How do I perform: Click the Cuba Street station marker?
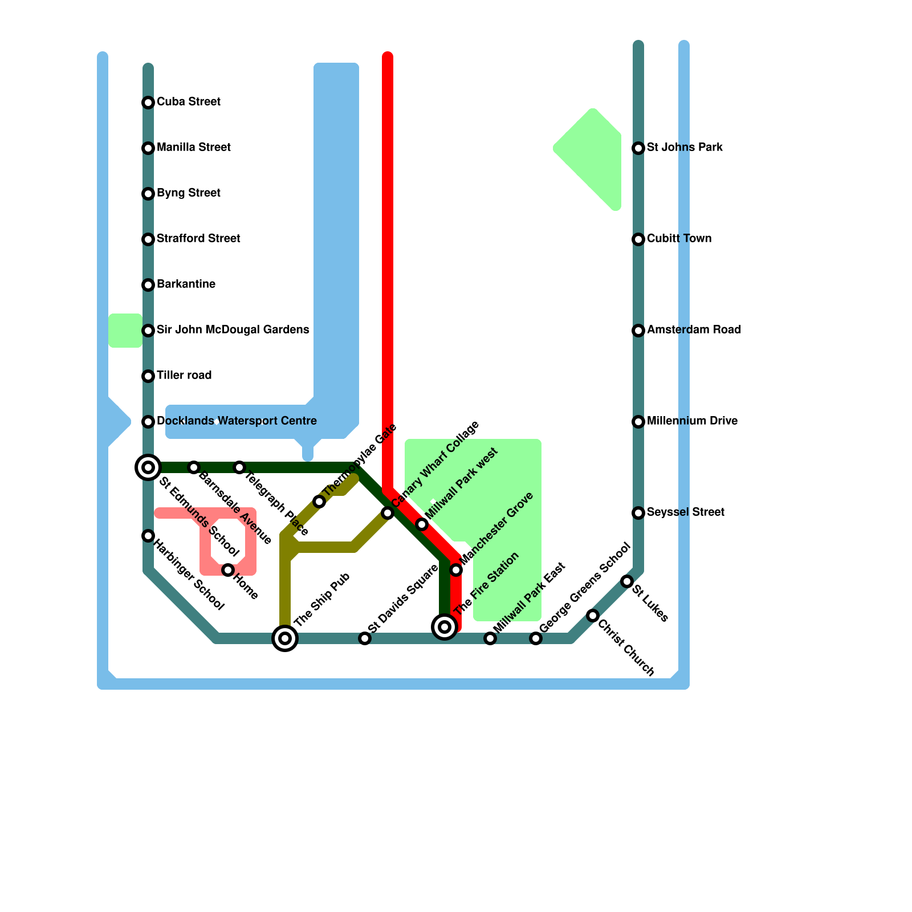click(148, 103)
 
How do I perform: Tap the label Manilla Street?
click(193, 148)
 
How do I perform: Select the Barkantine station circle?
click(148, 285)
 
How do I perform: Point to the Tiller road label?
click(184, 376)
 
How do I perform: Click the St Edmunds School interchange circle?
click(148, 467)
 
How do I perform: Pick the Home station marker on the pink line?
click(228, 570)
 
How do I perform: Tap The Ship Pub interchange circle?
click(285, 638)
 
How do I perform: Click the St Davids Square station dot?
click(365, 638)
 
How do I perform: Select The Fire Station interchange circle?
click(445, 627)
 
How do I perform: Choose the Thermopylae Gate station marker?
click(319, 502)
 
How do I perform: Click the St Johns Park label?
click(685, 148)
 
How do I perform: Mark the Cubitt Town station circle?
click(638, 239)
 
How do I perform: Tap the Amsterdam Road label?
click(694, 330)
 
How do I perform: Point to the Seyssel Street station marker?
click(638, 513)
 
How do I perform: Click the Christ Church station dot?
click(593, 616)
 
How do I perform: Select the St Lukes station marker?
click(627, 581)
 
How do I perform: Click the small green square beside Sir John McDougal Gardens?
click(125, 331)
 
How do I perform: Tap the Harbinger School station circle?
click(148, 536)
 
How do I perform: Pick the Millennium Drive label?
click(692, 421)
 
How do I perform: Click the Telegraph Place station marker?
click(239, 467)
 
